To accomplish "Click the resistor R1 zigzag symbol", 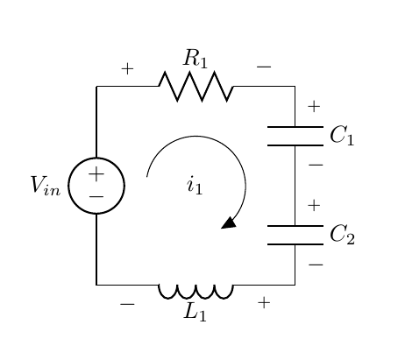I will click(195, 87).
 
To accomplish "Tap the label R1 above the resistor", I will click(195, 60).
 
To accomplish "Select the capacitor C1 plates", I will click(295, 136).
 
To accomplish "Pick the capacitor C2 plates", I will click(295, 235).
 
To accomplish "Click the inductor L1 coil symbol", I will click(195, 289).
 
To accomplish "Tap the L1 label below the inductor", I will click(195, 313).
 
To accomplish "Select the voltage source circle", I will click(96, 186).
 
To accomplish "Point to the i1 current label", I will click(195, 186).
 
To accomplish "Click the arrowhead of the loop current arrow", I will click(230, 222).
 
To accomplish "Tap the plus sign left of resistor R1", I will click(127, 68).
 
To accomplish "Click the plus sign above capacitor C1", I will click(314, 108).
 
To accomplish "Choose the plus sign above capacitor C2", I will click(314, 206).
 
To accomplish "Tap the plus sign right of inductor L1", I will click(263, 303).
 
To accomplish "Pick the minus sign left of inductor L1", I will click(127, 304).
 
